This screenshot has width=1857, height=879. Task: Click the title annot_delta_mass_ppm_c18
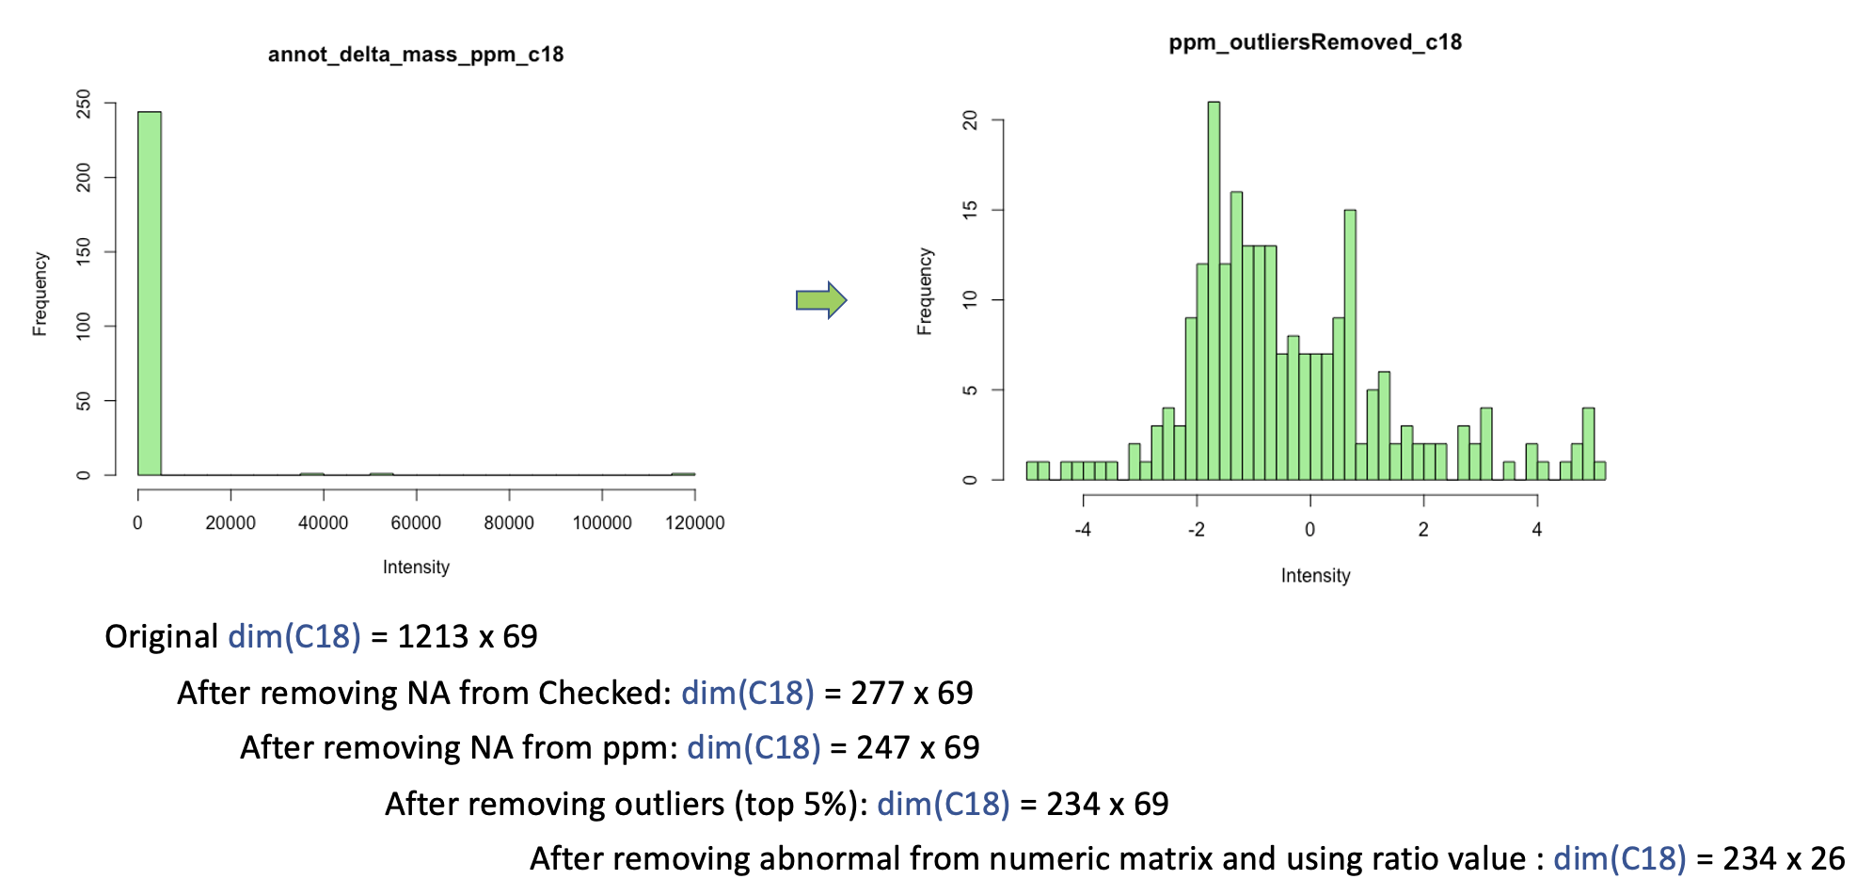(416, 55)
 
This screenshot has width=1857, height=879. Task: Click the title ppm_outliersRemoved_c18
(1315, 42)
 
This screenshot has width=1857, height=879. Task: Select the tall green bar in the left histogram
(150, 292)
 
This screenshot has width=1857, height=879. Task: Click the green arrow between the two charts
(821, 300)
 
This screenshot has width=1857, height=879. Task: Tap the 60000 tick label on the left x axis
(416, 523)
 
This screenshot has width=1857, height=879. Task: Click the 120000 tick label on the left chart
(694, 523)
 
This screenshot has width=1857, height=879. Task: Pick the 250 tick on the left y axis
(84, 104)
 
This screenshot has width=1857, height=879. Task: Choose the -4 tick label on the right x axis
(1083, 530)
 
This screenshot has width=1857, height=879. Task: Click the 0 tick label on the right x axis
(1309, 530)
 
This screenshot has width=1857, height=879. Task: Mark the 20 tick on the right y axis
(970, 120)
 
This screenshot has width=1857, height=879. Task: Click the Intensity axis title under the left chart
(416, 567)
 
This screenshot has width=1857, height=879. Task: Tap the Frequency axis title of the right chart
(925, 292)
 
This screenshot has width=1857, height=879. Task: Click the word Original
(161, 637)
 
